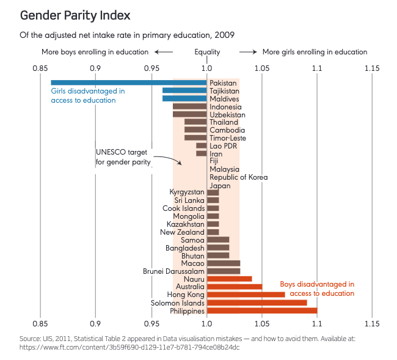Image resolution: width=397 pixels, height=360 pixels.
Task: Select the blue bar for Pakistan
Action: point(128,83)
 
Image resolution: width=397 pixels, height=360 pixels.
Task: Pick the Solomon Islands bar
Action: point(257,303)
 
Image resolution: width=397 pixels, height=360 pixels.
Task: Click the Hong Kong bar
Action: point(246,295)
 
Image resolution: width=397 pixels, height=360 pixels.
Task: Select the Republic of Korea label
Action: point(238,177)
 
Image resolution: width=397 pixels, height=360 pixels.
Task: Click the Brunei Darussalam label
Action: point(173,271)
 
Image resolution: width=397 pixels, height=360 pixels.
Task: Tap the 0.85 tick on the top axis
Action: point(40,67)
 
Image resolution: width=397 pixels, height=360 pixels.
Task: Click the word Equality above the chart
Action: point(208,52)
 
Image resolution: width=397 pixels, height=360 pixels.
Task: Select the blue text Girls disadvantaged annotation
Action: point(88,95)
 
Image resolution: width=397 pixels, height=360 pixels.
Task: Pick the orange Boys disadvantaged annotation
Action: point(317,288)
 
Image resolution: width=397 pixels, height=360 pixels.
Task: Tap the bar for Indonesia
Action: point(189,106)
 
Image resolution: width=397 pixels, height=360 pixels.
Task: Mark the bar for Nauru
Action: point(229,279)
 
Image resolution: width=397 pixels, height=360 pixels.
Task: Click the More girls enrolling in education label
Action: point(315,52)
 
